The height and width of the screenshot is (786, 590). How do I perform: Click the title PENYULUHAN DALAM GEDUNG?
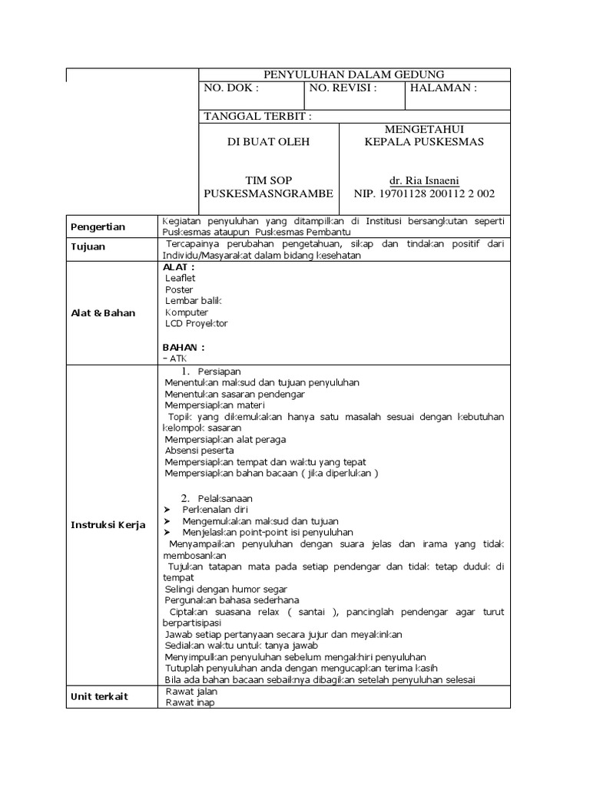[354, 74]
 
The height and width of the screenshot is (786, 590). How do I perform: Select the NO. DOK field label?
[231, 88]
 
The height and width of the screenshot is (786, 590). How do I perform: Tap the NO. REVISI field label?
[343, 88]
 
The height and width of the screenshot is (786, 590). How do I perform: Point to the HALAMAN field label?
[444, 88]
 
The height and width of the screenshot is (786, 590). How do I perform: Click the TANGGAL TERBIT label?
[257, 117]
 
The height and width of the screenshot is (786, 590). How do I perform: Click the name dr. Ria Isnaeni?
[424, 180]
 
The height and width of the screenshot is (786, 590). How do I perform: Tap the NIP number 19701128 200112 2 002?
[424, 193]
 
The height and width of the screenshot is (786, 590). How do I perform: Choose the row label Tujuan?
[88, 247]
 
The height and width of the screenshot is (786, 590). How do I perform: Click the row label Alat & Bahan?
[103, 313]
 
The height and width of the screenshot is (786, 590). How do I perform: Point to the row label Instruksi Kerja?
[108, 525]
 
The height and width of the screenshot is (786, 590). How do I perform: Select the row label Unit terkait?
[100, 697]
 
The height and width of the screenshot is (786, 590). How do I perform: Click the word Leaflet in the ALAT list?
[181, 278]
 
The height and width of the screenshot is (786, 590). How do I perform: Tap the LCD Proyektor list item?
[197, 324]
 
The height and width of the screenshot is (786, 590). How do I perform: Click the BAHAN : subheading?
[184, 347]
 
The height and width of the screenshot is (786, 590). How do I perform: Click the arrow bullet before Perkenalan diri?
[167, 510]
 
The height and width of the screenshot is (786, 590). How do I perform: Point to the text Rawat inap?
[191, 702]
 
